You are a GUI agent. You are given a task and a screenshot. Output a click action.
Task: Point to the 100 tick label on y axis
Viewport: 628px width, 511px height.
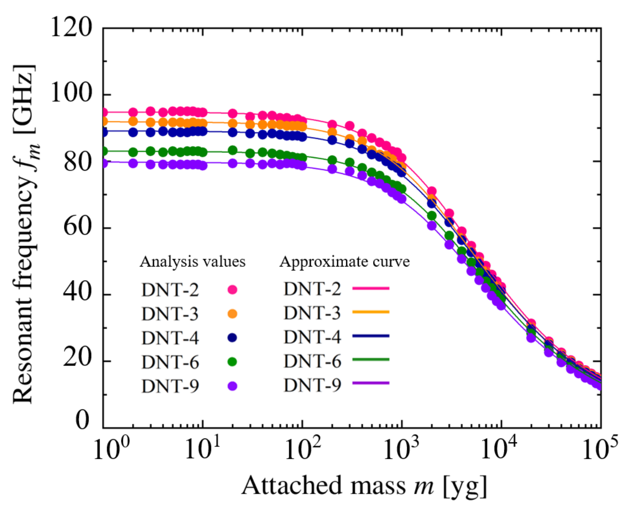pos(71,94)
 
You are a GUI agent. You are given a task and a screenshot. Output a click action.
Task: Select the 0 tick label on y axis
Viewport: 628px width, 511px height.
pos(82,420)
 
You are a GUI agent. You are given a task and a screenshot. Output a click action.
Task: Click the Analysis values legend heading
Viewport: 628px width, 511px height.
pos(192,261)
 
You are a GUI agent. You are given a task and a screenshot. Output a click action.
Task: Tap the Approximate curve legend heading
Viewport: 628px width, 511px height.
pos(344,261)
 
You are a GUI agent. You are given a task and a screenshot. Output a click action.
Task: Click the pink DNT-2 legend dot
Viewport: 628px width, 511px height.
pos(233,290)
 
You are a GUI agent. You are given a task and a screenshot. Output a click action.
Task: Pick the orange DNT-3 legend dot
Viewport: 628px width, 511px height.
pos(233,314)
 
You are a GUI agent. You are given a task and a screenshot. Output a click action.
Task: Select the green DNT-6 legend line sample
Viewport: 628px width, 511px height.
pos(370,360)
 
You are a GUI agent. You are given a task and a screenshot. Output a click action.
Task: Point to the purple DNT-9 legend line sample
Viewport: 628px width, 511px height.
pos(370,383)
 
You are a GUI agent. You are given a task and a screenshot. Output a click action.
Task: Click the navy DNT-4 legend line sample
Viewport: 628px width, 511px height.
pos(370,336)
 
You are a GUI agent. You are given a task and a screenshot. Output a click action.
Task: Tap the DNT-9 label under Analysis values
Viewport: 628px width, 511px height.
pos(170,387)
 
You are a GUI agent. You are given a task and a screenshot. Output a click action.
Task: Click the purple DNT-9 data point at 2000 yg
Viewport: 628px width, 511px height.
pos(432,226)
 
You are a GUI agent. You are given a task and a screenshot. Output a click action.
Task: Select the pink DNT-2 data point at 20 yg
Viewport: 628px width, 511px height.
pos(233,114)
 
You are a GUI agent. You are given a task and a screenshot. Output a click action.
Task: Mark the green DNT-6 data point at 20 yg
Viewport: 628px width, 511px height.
pos(233,150)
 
